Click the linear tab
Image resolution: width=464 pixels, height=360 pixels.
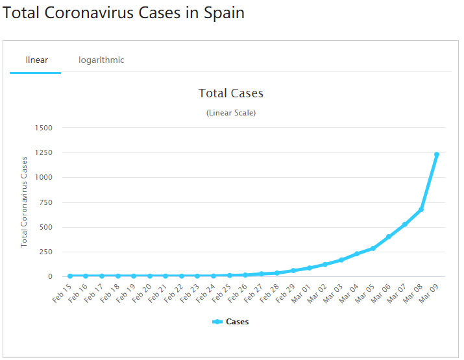point(36,60)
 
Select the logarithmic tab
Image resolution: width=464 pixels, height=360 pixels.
point(101,60)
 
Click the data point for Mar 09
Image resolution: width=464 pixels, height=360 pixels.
point(437,154)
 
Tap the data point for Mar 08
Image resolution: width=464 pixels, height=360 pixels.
point(421,210)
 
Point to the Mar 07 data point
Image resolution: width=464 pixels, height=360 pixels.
point(405,224)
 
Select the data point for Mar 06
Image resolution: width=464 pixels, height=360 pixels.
point(389,237)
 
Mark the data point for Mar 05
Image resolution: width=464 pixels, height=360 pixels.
point(373,248)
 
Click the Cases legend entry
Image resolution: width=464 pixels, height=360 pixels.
point(231,322)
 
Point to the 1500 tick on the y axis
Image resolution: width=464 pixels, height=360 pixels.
point(44,128)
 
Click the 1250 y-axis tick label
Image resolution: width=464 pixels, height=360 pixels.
point(44,152)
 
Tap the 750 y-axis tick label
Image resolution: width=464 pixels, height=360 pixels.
point(45,202)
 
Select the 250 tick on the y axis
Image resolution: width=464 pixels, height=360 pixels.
point(45,252)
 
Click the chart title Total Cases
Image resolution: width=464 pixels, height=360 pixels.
point(231,93)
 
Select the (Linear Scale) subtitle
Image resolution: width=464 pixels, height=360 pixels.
point(231,113)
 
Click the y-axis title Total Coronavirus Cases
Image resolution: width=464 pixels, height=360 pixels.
point(25,202)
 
